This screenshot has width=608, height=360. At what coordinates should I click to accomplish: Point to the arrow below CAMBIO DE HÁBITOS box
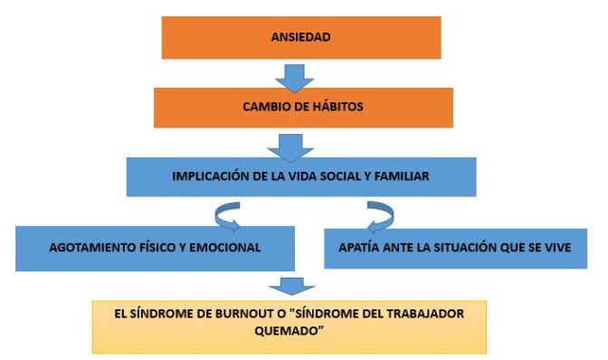click(x=290, y=144)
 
